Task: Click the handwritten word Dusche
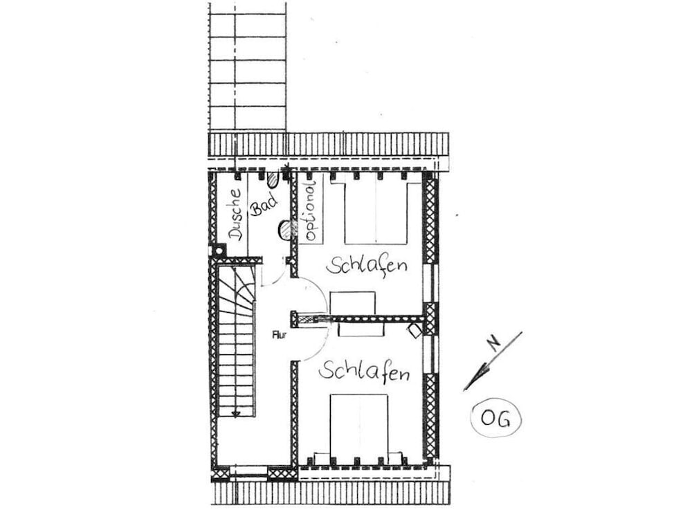pos(235,214)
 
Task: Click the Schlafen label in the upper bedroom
pos(367,266)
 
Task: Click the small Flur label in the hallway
pos(280,336)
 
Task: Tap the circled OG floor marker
pos(495,419)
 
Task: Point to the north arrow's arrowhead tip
pos(465,389)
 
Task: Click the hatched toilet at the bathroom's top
pos(273,179)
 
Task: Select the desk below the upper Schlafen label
pos(353,304)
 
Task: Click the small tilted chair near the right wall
pos(415,331)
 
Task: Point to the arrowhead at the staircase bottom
pos(235,414)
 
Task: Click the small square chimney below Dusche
pos(220,250)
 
